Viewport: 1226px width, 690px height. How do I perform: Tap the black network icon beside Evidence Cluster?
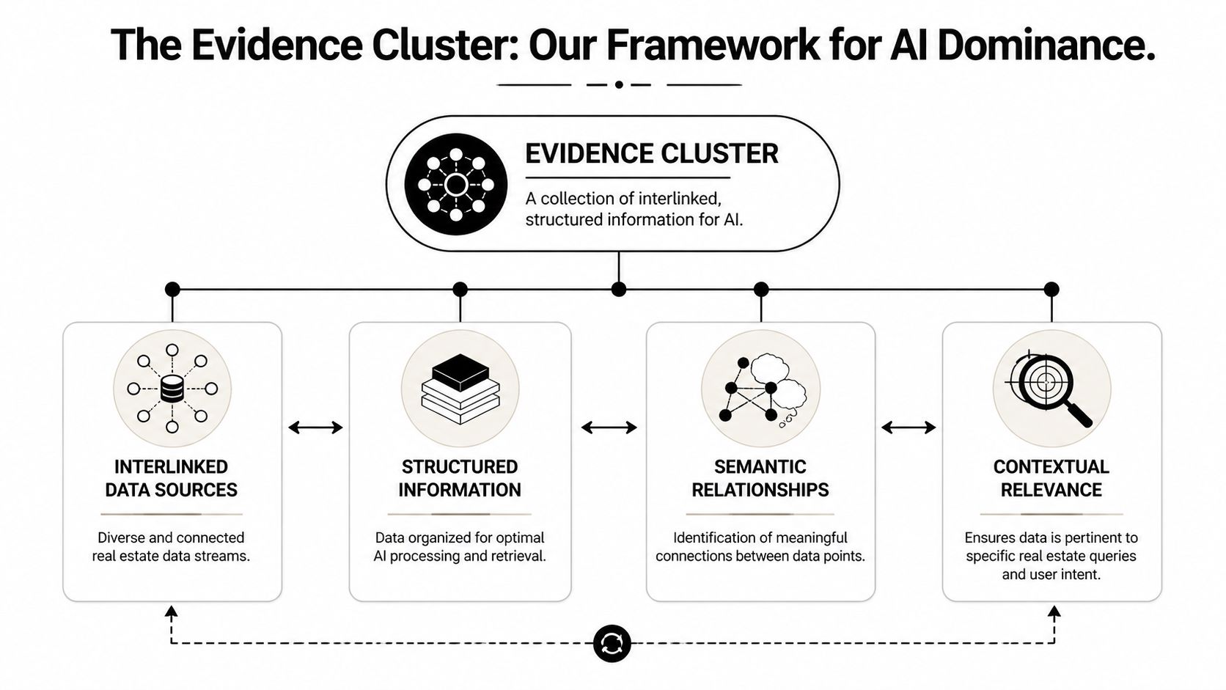(x=455, y=184)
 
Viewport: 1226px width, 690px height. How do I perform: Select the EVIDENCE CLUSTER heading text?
(x=651, y=154)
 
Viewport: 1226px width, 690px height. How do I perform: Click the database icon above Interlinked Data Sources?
(x=172, y=389)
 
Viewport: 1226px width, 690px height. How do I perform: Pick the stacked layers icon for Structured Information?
(x=460, y=389)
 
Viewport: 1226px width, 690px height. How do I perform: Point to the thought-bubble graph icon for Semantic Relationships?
(x=760, y=389)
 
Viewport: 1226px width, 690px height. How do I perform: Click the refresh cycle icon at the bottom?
(x=612, y=644)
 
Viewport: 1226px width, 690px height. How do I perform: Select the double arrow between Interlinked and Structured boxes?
(x=315, y=427)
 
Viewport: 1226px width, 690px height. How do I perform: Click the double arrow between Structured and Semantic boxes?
(x=609, y=427)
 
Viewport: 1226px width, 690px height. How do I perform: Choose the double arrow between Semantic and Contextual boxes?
(x=909, y=427)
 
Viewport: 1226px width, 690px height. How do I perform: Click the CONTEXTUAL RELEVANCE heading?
(x=1051, y=478)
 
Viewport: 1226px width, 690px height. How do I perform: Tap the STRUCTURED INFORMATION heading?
(x=460, y=478)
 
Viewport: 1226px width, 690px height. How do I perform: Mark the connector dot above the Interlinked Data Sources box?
(x=172, y=289)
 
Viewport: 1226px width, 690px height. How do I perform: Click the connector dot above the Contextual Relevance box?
(x=1051, y=289)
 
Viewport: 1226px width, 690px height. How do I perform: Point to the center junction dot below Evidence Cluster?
(x=619, y=289)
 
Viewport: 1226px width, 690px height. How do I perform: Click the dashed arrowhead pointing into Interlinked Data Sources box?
(x=172, y=612)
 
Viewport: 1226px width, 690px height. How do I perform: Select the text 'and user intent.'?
(x=1051, y=574)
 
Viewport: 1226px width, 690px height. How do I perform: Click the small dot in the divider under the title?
(x=619, y=84)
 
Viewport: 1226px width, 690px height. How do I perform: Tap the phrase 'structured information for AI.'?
(x=634, y=220)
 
